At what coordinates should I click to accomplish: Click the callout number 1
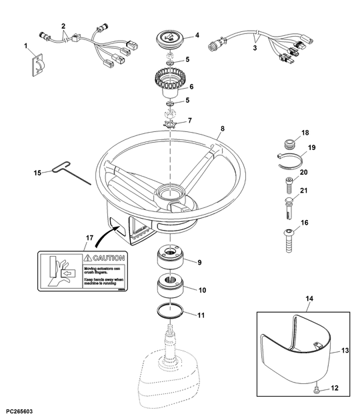click(26, 47)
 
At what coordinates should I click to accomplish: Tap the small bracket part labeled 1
click(37, 65)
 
